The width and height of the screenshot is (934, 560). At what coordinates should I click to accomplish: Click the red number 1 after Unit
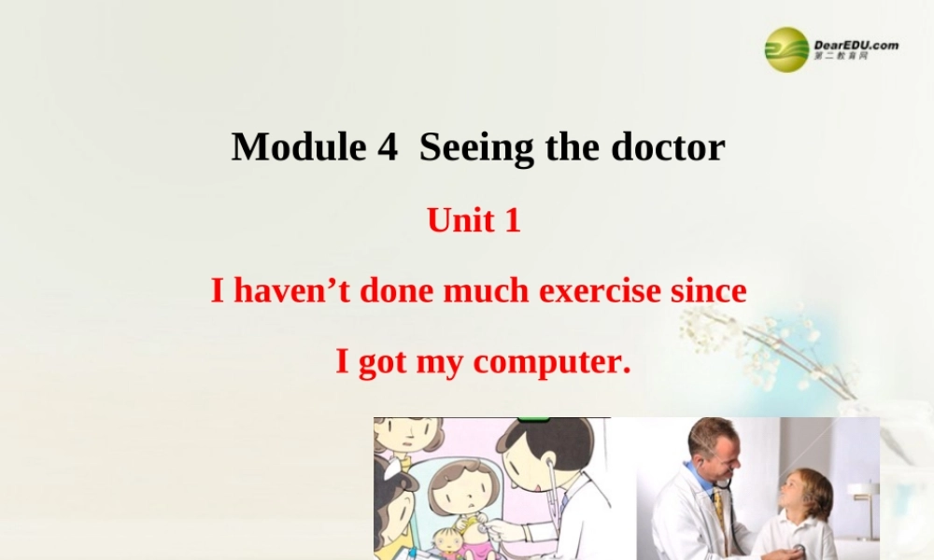click(x=511, y=220)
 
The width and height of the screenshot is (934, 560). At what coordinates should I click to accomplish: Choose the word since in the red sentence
click(x=709, y=291)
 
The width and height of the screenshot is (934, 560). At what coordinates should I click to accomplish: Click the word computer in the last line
click(x=551, y=362)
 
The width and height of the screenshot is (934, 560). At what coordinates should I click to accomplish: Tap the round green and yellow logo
click(x=787, y=49)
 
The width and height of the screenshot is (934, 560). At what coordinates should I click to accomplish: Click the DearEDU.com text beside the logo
click(x=856, y=44)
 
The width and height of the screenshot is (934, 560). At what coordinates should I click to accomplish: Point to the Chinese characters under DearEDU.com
click(x=841, y=56)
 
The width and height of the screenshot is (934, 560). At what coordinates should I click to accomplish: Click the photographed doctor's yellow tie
click(x=719, y=509)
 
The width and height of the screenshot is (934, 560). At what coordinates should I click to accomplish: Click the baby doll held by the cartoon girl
click(x=451, y=541)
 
